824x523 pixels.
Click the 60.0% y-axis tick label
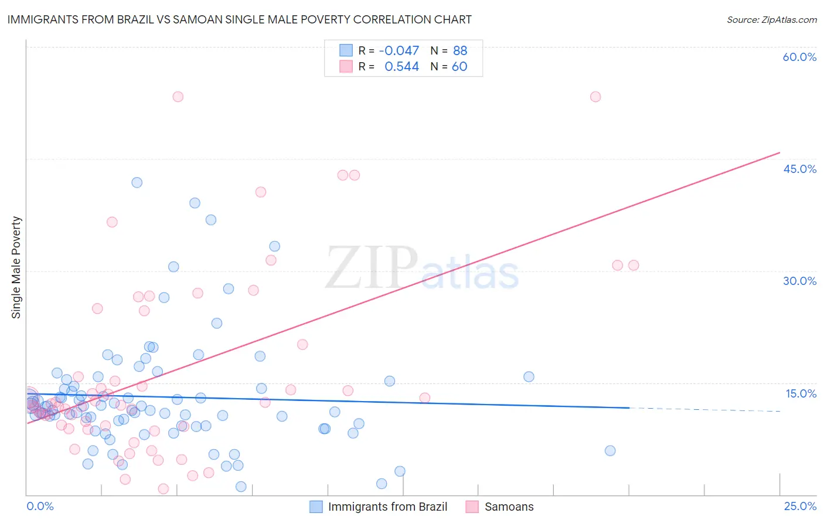pyautogui.click(x=799, y=57)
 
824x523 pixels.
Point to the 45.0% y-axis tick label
pyautogui.click(x=799, y=169)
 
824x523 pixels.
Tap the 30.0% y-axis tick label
pyautogui.click(x=799, y=281)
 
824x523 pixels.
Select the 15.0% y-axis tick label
pyautogui.click(x=801, y=393)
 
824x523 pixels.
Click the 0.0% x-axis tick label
pyautogui.click(x=40, y=507)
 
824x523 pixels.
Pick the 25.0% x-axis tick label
pyautogui.click(x=800, y=507)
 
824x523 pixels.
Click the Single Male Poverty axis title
pyautogui.click(x=16, y=267)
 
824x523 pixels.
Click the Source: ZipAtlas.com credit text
pyautogui.click(x=771, y=20)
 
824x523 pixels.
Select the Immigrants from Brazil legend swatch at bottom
pyautogui.click(x=316, y=507)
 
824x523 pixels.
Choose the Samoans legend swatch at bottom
pyautogui.click(x=472, y=507)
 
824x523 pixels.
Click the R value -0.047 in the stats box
pyautogui.click(x=399, y=51)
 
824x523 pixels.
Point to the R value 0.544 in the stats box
pyautogui.click(x=401, y=67)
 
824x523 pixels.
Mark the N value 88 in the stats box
pyautogui.click(x=460, y=51)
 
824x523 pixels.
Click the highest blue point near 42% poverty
pyautogui.click(x=137, y=182)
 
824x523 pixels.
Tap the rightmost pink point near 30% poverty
pyautogui.click(x=634, y=265)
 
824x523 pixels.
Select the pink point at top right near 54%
pyautogui.click(x=595, y=97)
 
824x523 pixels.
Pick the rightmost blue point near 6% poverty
pyautogui.click(x=610, y=451)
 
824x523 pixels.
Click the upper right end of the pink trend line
pyautogui.click(x=779, y=153)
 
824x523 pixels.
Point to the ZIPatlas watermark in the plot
pyautogui.click(x=422, y=269)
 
